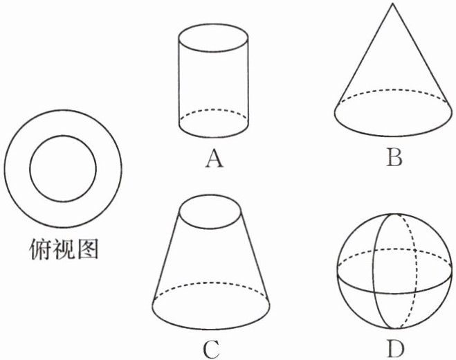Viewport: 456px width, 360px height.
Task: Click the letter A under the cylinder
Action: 215,160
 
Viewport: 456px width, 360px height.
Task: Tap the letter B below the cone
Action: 394,159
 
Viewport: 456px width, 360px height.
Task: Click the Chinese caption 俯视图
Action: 63,248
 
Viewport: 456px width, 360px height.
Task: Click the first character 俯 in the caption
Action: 39,248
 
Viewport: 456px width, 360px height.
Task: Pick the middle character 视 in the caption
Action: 63,248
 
